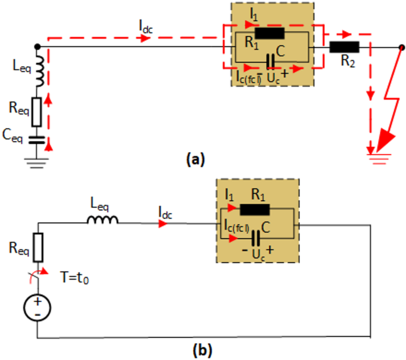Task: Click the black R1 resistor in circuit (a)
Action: [270, 33]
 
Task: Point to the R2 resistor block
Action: [344, 46]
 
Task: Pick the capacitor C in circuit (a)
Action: [270, 61]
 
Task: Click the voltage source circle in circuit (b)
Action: [37, 308]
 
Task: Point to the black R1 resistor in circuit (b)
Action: [255, 208]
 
